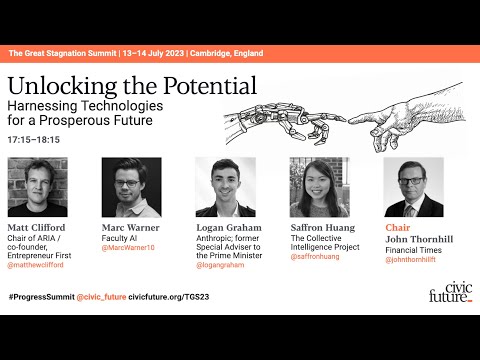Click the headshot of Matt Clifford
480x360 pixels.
click(37, 187)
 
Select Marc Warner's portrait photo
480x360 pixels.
click(131, 187)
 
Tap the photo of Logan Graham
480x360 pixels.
click(225, 187)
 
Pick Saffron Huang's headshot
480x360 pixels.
click(319, 187)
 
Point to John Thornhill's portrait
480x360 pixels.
click(413, 187)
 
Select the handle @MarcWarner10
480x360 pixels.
click(129, 246)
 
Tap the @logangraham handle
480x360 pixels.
click(223, 264)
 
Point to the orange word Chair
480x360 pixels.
click(398, 227)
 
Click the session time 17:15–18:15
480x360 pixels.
click(33, 139)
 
